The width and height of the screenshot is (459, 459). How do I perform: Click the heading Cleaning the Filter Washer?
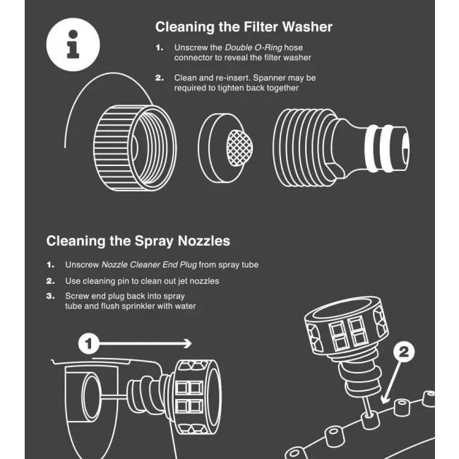(x=244, y=28)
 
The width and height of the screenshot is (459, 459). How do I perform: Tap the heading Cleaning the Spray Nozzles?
(x=138, y=241)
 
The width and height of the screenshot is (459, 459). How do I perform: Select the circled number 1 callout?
(x=89, y=344)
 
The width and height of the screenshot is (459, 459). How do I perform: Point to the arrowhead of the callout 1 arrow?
(x=187, y=344)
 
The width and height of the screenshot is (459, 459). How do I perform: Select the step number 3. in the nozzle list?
(x=51, y=296)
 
